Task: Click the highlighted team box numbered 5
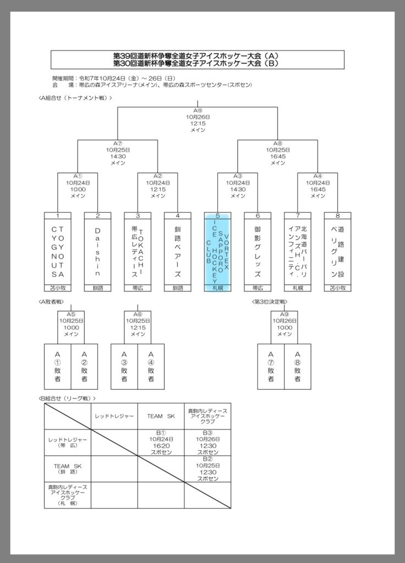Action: tap(217, 251)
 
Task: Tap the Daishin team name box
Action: tap(97, 251)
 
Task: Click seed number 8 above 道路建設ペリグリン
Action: tap(337, 216)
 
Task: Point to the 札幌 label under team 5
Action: tap(217, 288)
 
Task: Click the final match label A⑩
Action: tap(198, 111)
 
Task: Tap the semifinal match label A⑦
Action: tap(118, 142)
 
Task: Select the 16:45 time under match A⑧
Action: tap(278, 156)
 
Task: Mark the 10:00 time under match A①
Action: tap(78, 189)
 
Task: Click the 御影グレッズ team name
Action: tap(258, 251)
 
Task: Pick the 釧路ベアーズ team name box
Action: tap(177, 251)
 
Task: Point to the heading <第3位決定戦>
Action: tap(270, 302)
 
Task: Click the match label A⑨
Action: tap(284, 314)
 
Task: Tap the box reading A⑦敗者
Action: tap(271, 367)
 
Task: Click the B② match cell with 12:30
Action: tap(208, 468)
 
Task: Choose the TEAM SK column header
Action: tap(161, 417)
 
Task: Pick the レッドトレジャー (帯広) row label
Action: tap(67, 443)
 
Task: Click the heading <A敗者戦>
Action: tap(52, 302)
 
